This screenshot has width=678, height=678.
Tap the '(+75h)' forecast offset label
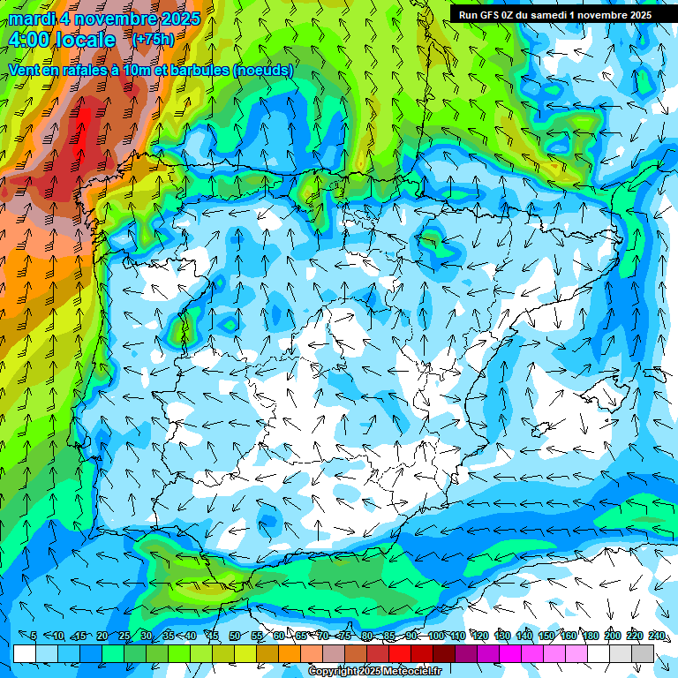click(153, 39)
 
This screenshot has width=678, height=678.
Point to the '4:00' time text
click(29, 40)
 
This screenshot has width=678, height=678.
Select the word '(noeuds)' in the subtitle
click(263, 71)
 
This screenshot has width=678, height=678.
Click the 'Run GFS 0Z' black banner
click(554, 15)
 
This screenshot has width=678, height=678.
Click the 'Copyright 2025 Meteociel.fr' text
click(375, 672)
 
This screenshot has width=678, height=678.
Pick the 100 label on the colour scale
click(435, 637)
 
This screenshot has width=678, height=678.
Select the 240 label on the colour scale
click(656, 637)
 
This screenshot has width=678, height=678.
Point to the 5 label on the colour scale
click(33, 637)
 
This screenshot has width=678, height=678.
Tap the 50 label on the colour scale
click(235, 637)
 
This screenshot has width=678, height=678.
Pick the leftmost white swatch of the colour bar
click(25, 653)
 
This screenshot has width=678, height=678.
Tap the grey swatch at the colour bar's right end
click(643, 653)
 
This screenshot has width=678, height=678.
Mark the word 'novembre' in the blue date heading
click(118, 18)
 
